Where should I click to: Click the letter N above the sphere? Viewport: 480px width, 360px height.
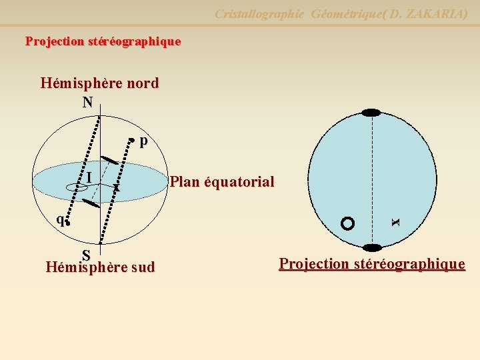(x=87, y=102)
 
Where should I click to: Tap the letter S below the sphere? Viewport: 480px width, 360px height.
(x=87, y=255)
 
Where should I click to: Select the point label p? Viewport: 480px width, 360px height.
(x=144, y=141)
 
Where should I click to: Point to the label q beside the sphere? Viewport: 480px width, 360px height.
(x=60, y=218)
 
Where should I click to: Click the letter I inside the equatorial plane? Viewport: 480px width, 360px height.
(x=89, y=177)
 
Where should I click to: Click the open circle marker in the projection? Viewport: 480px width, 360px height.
(x=347, y=223)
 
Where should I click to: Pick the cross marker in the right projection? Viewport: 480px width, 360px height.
(x=395, y=221)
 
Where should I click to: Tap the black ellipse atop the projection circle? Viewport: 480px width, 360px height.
(x=371, y=113)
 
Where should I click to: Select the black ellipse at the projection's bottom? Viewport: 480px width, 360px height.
(x=371, y=247)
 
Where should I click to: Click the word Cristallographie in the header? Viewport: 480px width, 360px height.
(x=259, y=13)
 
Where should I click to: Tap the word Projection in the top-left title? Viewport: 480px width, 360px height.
(x=55, y=41)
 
